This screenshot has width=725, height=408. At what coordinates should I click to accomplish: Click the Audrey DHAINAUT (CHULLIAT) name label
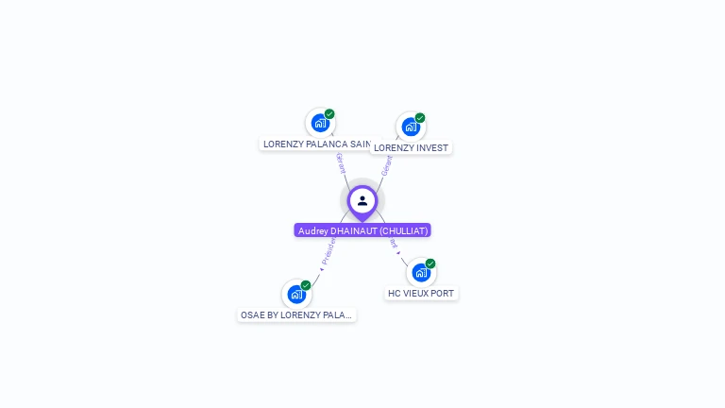(x=362, y=230)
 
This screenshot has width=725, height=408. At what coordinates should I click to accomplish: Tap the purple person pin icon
(x=362, y=201)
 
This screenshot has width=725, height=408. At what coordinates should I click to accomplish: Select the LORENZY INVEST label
(x=411, y=147)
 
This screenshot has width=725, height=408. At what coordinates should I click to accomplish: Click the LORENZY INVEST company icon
(x=410, y=127)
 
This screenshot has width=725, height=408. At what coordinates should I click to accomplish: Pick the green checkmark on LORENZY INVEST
(x=420, y=118)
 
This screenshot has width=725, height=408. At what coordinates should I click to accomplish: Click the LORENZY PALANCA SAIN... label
(x=317, y=144)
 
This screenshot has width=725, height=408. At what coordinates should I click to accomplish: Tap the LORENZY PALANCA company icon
(x=320, y=123)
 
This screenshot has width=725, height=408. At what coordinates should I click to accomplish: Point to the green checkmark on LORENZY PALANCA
(x=329, y=114)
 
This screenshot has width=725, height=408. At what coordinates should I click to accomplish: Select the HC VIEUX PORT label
(x=421, y=293)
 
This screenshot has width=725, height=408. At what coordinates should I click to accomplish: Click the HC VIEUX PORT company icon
(x=420, y=272)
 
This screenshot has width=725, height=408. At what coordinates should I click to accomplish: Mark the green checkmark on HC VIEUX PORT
(x=430, y=263)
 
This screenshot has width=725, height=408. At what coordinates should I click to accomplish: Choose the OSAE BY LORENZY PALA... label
(x=296, y=314)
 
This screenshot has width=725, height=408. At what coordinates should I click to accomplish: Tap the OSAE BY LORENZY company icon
(x=296, y=294)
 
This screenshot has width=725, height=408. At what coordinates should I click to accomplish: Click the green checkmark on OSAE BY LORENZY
(x=306, y=285)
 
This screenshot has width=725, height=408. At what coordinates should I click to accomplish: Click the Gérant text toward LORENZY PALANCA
(x=340, y=162)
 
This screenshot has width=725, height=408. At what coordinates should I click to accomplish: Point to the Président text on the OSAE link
(x=328, y=251)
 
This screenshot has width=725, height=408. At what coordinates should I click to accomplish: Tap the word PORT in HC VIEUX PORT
(x=442, y=293)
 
